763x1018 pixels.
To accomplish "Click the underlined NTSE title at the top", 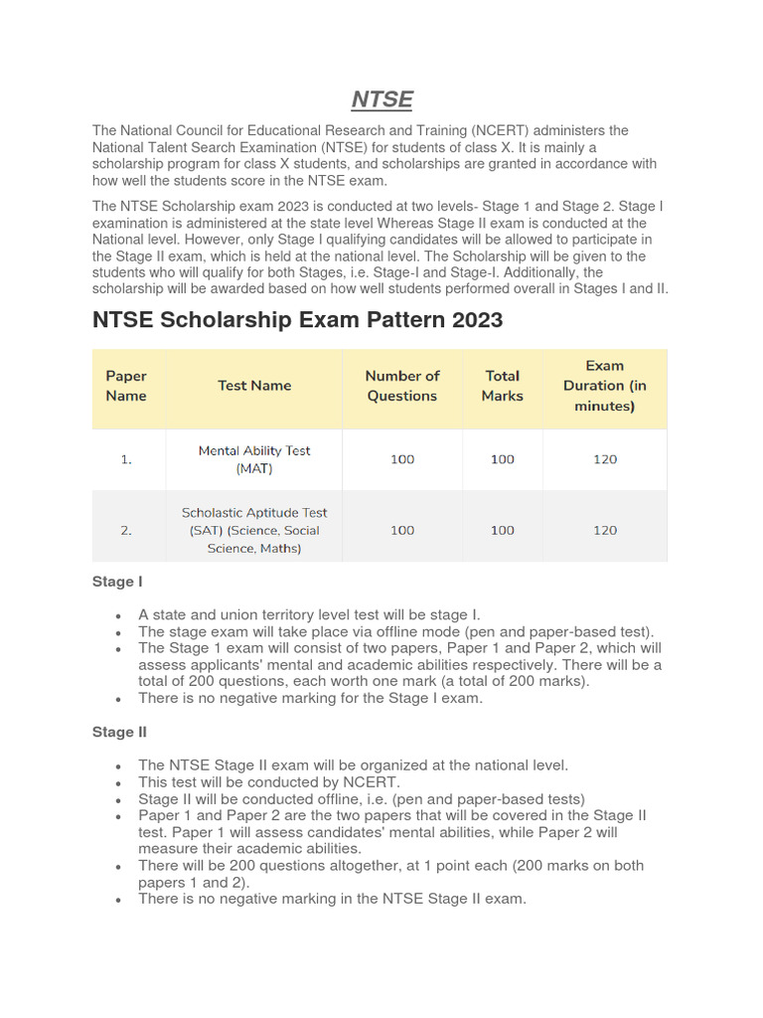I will pos(382,99).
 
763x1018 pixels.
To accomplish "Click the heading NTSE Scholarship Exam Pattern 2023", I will pos(297,320).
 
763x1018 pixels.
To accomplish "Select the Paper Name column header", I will pos(126,386).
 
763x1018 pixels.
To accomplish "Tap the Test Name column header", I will pos(254,386).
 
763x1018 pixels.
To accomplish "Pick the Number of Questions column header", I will pos(402,386).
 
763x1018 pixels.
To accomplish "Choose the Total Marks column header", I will pos(502,386).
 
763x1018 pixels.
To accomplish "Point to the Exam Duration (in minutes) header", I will pos(604,386).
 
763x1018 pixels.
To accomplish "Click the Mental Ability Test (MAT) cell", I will pos(254,459).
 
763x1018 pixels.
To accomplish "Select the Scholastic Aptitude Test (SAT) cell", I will pos(254,530).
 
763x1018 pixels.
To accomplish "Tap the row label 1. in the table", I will pos(126,459).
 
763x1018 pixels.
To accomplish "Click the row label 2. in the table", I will pos(126,530).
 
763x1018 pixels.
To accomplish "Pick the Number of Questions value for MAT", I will pos(402,459).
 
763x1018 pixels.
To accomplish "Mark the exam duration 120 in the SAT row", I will pos(604,530).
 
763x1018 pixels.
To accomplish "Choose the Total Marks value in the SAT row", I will pos(502,530).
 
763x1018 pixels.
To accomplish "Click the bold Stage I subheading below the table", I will pos(117,582).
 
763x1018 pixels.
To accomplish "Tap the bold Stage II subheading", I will pos(119,732).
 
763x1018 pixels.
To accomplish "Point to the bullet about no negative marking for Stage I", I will pos(310,698).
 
